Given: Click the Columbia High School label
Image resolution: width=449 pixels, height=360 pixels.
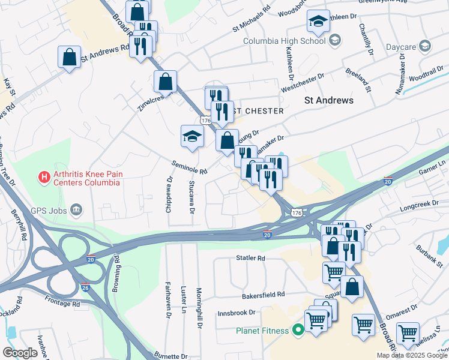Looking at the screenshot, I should [x=284, y=41].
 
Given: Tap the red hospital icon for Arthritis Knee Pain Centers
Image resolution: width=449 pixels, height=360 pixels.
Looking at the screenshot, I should [x=43, y=177].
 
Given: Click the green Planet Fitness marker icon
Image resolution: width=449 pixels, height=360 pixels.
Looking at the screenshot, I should [x=297, y=330].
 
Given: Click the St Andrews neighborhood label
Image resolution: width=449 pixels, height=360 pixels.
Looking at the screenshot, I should [x=329, y=100].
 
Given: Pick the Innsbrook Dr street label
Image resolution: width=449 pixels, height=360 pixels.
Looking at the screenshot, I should [x=237, y=312].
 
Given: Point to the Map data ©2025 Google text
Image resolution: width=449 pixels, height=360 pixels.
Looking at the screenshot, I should [x=411, y=355].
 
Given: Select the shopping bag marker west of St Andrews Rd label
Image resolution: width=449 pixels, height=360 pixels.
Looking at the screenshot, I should [x=69, y=58].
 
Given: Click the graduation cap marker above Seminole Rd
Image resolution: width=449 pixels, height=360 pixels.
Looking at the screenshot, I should [x=192, y=137].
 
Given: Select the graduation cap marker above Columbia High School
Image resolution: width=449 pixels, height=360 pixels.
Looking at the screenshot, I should [x=318, y=22].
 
